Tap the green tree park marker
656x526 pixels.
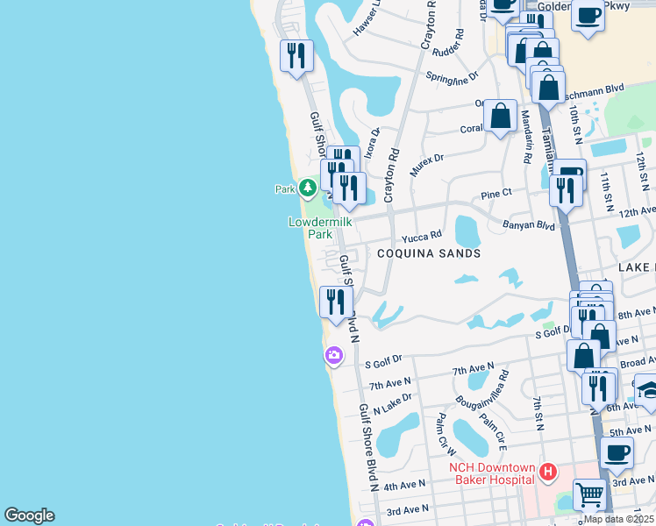coord(308,187)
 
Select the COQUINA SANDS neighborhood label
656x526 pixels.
coord(429,253)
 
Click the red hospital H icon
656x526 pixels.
coord(548,473)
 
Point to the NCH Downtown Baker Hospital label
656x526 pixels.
coord(491,473)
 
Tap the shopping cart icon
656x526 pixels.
coord(589,494)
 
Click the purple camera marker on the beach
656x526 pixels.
coord(333,355)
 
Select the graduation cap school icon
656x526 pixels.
coord(647,388)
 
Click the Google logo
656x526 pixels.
coord(29,515)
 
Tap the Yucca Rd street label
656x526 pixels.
coord(422,238)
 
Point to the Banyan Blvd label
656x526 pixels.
coord(529,224)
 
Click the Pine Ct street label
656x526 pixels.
coord(496,192)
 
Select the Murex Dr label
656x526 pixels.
coord(426,164)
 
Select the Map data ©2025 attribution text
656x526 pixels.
coord(618,518)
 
